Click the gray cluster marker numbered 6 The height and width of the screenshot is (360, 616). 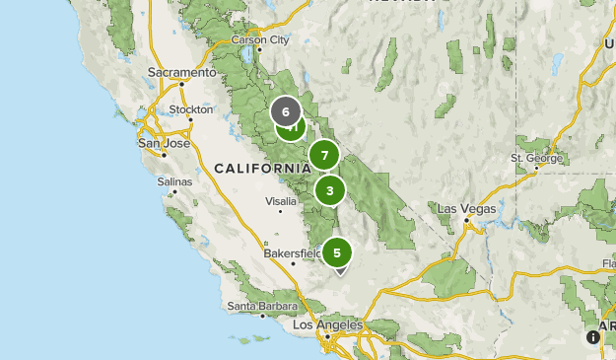click(x=286, y=111)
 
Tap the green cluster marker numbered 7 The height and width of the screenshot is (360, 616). click(x=324, y=156)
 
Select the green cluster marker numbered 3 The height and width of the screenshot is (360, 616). click(x=330, y=190)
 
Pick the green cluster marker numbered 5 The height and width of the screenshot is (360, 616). click(x=337, y=253)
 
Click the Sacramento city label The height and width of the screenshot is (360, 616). click(x=181, y=72)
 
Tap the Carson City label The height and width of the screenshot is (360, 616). click(x=260, y=39)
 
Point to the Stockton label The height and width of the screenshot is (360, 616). click(x=191, y=109)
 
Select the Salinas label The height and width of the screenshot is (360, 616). click(x=174, y=181)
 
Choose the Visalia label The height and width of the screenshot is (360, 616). click(x=281, y=200)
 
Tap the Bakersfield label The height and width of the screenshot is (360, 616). click(x=292, y=253)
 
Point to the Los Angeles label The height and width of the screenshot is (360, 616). click(x=328, y=324)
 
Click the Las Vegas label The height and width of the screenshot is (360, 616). click(x=465, y=209)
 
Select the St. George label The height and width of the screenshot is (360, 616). click(x=536, y=158)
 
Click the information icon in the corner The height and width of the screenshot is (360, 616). click(x=593, y=337)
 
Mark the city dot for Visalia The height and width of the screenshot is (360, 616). click(x=281, y=210)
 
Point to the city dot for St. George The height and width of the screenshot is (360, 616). click(x=536, y=167)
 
